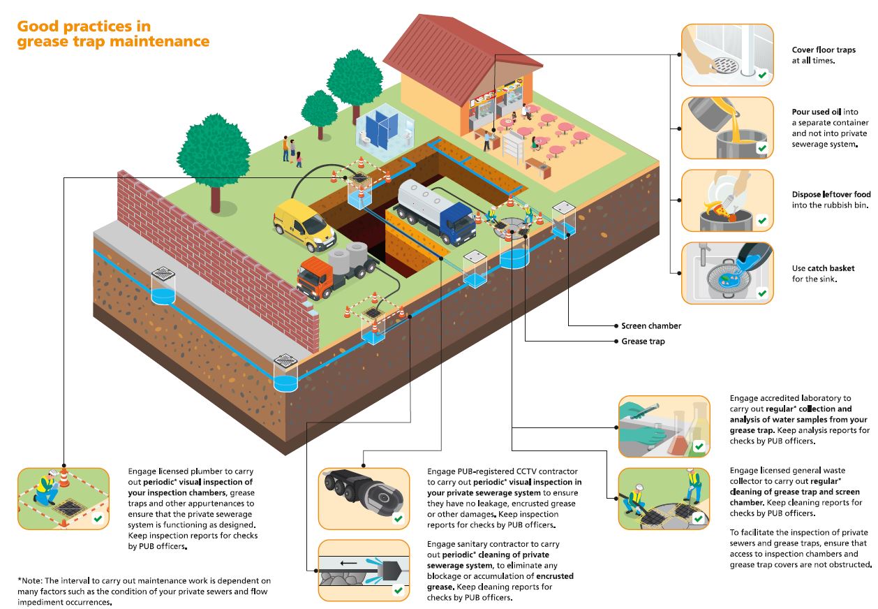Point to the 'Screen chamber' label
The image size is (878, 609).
click(x=651, y=326)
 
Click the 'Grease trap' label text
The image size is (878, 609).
click(x=643, y=342)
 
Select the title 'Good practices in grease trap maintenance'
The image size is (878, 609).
click(x=113, y=34)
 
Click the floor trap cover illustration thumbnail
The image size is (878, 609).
click(x=727, y=55)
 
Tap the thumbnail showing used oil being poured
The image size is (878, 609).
click(x=727, y=128)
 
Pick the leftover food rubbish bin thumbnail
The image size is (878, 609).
click(x=727, y=200)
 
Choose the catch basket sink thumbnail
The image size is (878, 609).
click(x=727, y=273)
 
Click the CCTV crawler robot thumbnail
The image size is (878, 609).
click(x=364, y=498)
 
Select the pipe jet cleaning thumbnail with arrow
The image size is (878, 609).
click(x=364, y=570)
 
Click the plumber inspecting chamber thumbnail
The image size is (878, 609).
click(x=63, y=497)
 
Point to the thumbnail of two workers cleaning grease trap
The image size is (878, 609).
click(x=664, y=498)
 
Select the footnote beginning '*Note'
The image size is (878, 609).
click(x=144, y=591)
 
